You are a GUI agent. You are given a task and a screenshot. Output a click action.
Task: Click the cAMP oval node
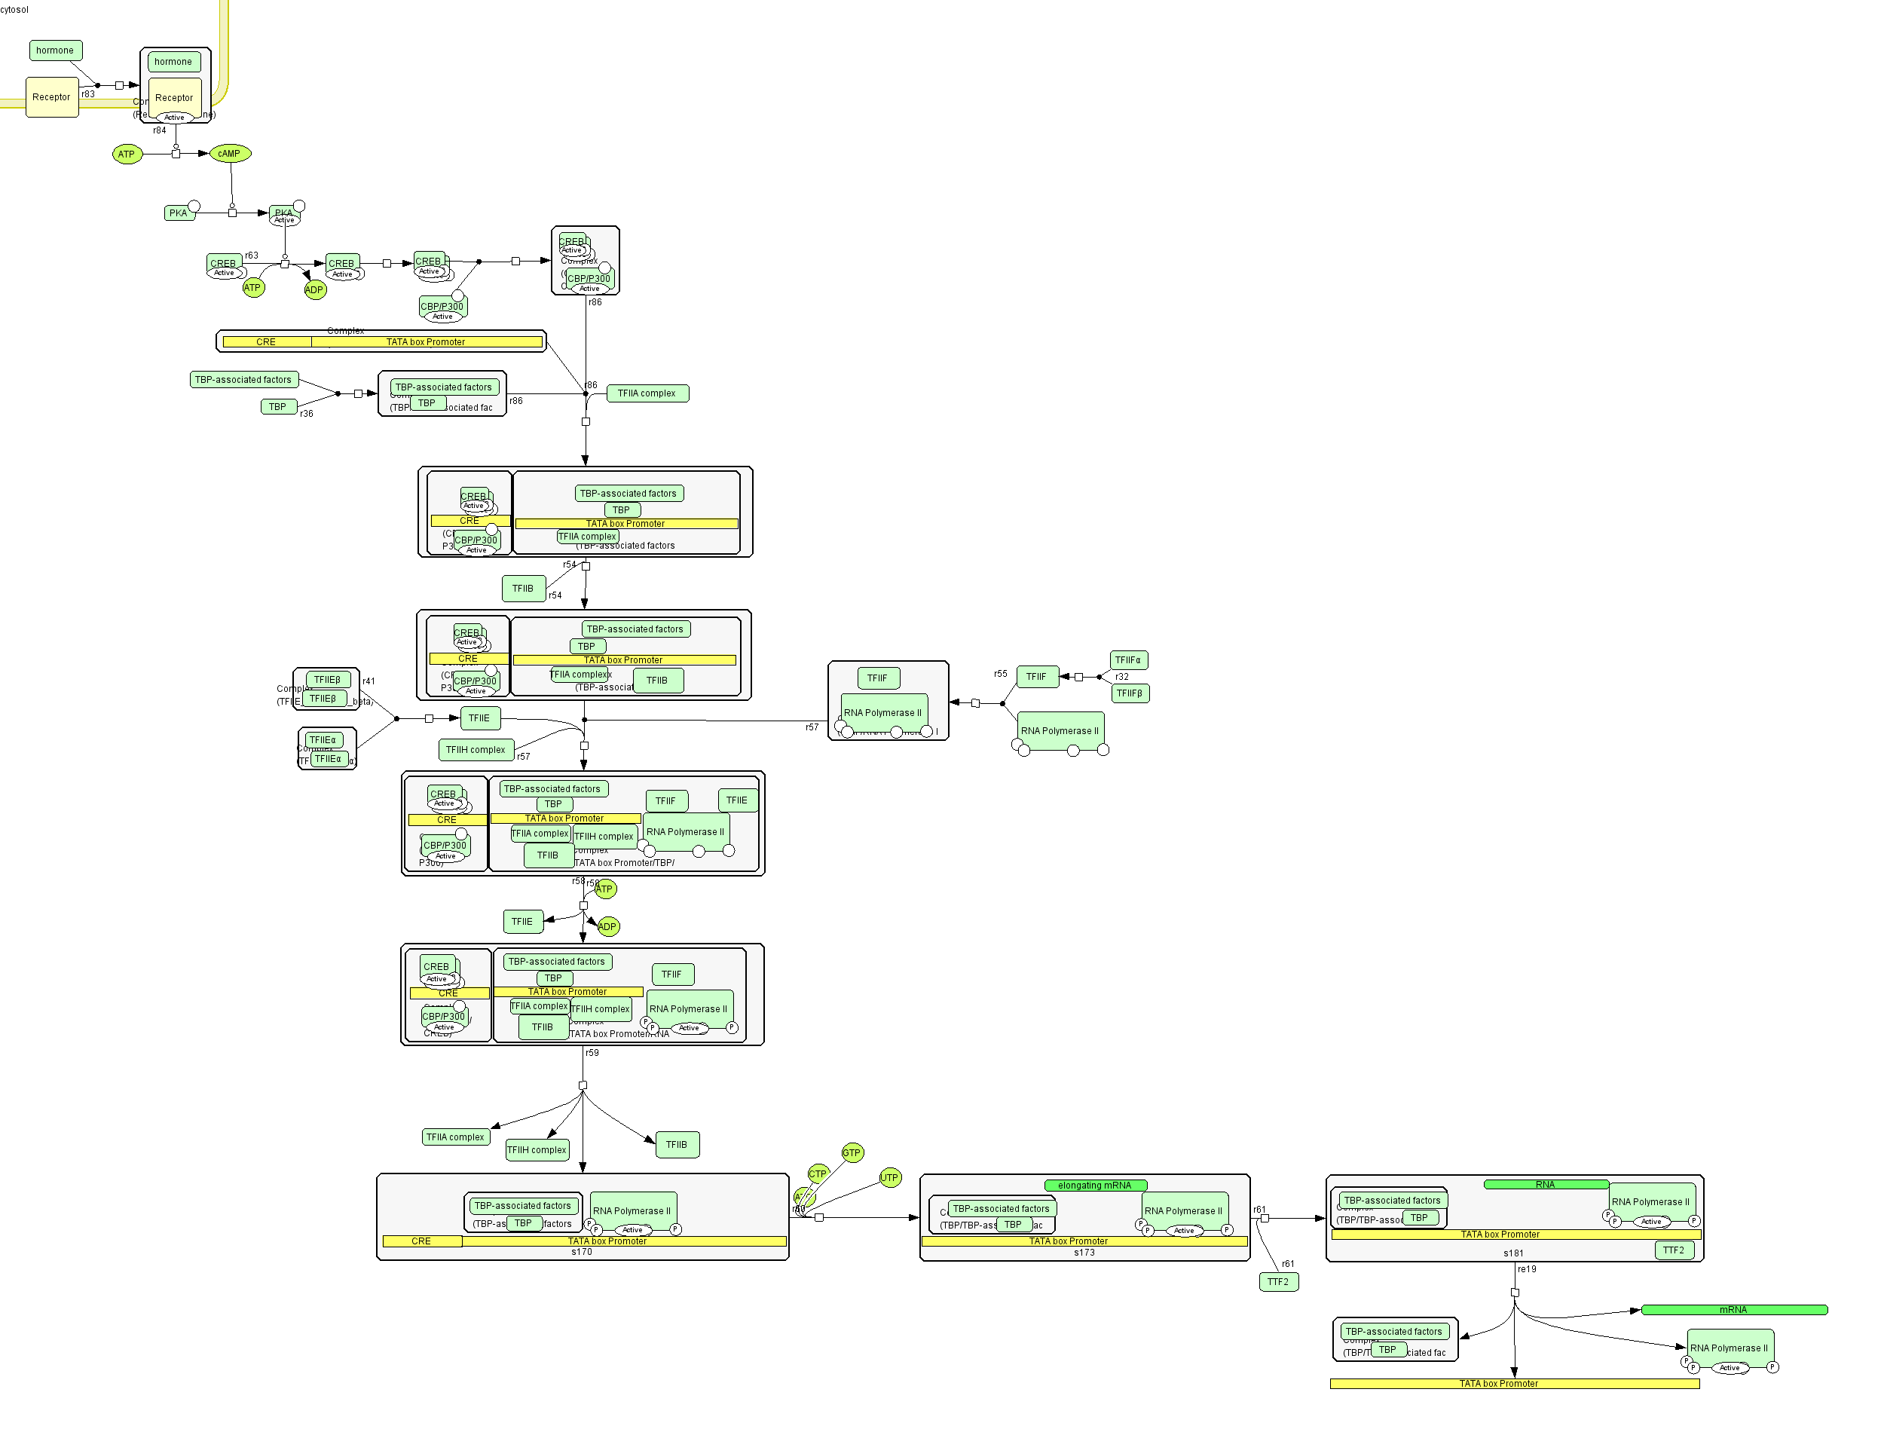(x=229, y=155)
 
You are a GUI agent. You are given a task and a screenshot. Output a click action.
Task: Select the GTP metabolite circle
(x=852, y=1153)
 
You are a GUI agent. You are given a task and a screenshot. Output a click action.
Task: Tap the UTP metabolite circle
(x=889, y=1178)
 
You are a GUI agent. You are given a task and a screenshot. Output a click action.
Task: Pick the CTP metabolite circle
(x=817, y=1173)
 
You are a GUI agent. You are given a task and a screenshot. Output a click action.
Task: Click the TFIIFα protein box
(x=1128, y=660)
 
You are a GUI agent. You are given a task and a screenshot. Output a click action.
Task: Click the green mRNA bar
(x=1733, y=1310)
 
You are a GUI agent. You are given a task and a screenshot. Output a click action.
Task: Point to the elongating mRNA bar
(x=1095, y=1186)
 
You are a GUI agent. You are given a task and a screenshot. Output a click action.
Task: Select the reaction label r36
(x=307, y=415)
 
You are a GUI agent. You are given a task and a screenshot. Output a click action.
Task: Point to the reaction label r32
(x=1122, y=677)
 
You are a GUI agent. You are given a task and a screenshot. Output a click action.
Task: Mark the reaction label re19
(x=1527, y=1269)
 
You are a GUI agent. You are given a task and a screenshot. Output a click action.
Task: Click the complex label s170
(x=581, y=1252)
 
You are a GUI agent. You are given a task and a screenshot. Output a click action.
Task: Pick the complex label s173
(x=1084, y=1253)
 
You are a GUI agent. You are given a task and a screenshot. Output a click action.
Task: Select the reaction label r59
(x=592, y=1054)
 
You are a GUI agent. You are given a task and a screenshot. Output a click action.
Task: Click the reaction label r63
(x=252, y=255)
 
